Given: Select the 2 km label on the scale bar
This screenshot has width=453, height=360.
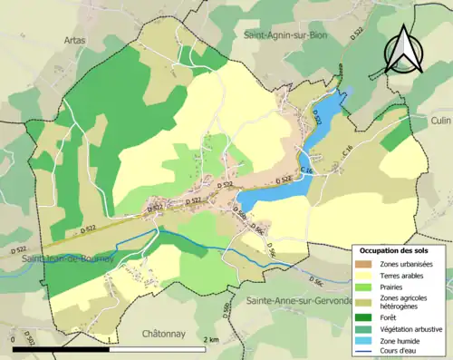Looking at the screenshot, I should pos(210,339).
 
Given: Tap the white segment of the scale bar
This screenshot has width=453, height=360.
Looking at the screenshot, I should pos(159,348).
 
